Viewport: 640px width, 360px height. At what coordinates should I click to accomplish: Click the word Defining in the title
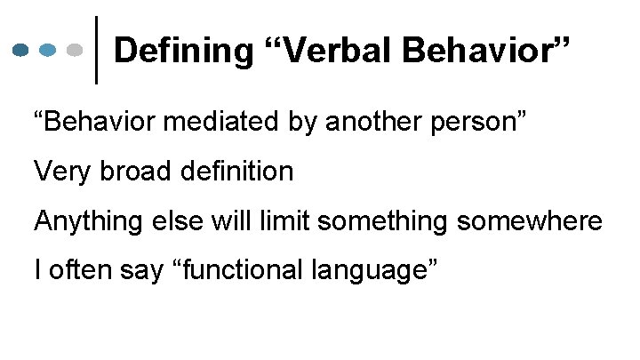pyautogui.click(x=180, y=51)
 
